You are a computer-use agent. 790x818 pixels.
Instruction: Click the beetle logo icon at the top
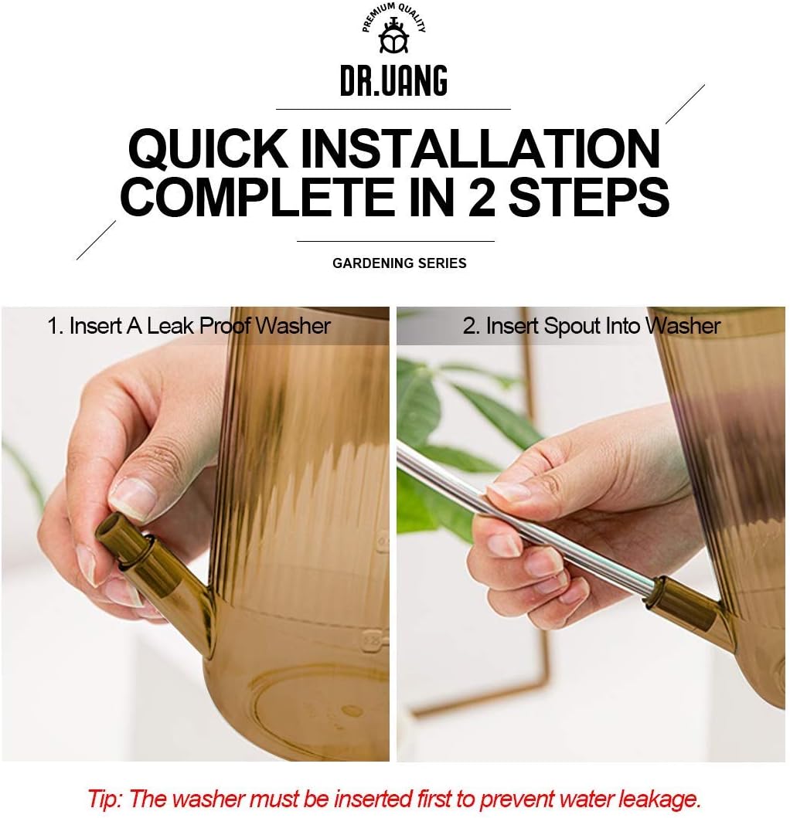(x=393, y=36)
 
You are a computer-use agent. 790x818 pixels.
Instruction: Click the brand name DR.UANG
(x=393, y=81)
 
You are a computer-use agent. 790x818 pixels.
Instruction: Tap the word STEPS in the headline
(x=588, y=197)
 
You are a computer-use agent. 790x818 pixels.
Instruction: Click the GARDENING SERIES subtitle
(x=400, y=263)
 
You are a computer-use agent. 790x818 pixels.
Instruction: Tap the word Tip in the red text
(x=105, y=798)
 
